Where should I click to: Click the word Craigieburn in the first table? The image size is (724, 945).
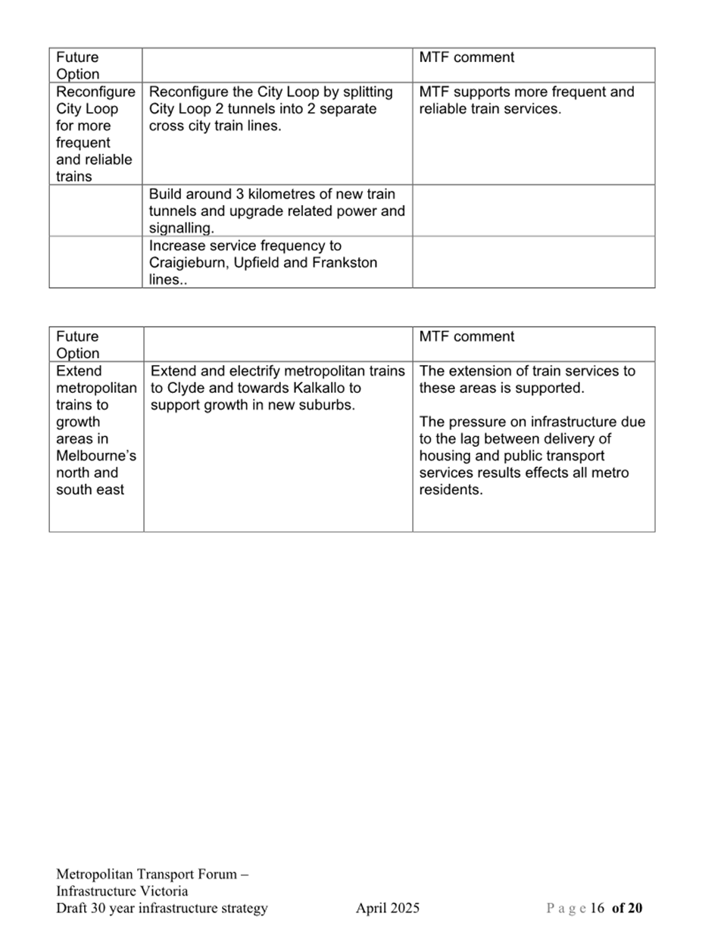[186, 263]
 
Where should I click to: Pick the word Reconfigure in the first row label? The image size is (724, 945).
[95, 92]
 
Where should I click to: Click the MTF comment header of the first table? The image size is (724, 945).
[467, 58]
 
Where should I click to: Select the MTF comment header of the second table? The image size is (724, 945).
[467, 337]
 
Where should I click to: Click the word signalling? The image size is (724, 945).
[181, 228]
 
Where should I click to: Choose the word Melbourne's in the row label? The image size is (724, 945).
[96, 456]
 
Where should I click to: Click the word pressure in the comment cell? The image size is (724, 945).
[479, 422]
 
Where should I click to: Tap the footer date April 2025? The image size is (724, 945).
[388, 908]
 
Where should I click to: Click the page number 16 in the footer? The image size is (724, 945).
[597, 908]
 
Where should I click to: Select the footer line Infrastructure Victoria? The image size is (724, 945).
[122, 891]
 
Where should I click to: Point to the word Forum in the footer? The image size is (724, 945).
[217, 875]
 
